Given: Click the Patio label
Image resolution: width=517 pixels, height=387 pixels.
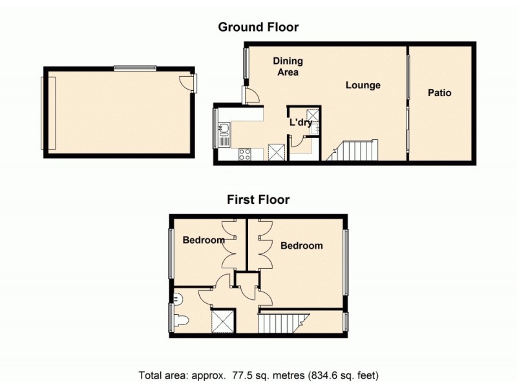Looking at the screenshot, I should coord(439,93).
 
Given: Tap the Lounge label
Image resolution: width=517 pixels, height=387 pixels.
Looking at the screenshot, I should coord(363,85).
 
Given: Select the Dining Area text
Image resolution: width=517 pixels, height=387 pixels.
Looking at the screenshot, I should coord(288,66).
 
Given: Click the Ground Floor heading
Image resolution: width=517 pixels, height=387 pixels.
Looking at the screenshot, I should coord(258,27).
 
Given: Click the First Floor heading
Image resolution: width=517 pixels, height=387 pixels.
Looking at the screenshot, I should coord(258,199).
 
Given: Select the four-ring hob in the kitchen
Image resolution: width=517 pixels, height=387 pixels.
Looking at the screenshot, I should coord(246,154).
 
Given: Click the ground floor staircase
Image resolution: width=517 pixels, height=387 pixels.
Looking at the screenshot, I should coord(354,152).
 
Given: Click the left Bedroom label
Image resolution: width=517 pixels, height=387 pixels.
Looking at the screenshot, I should coord(204,241).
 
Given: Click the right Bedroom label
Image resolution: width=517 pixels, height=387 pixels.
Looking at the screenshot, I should coord(302,246).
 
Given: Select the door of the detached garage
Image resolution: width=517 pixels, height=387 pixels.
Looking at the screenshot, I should coord(187,83).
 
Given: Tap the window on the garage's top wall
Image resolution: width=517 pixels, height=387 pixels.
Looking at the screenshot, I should coord(135,68).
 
